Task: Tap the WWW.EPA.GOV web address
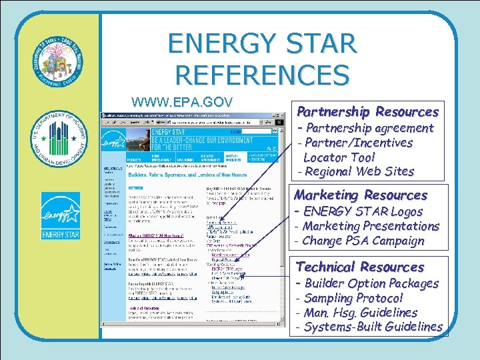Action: [182, 102]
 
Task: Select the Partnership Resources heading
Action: [367, 111]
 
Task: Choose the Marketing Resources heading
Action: [361, 195]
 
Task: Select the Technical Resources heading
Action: [360, 267]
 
